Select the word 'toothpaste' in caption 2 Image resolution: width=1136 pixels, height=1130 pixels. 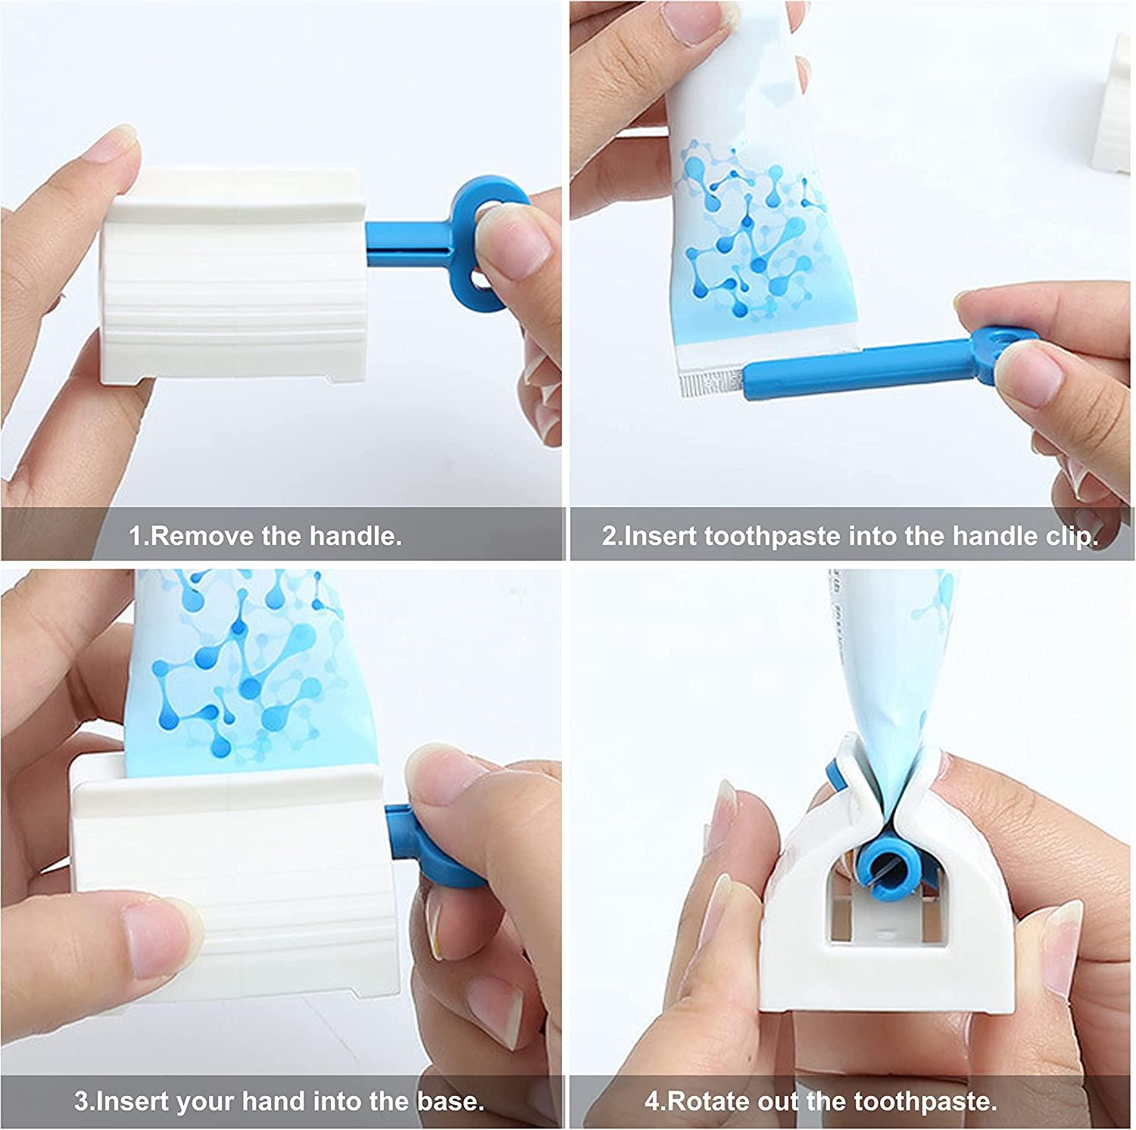pos(772,536)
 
